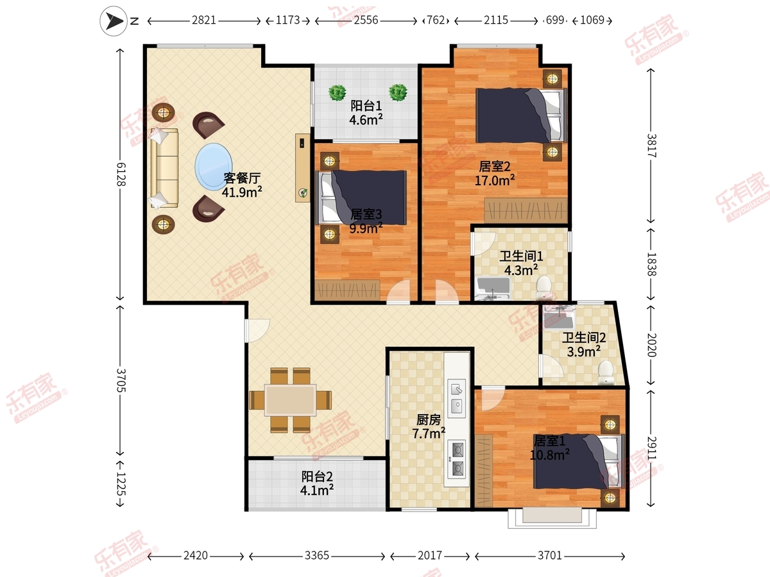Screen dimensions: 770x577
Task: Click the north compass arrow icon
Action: click(x=114, y=21)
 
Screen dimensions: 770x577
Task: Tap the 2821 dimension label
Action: click(x=204, y=21)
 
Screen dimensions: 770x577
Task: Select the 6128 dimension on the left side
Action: click(x=121, y=174)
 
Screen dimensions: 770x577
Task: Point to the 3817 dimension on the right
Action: click(x=651, y=146)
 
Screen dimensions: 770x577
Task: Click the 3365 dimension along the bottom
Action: click(x=317, y=555)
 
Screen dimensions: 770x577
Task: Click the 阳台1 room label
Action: click(x=366, y=106)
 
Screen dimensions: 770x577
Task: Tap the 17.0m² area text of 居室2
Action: click(x=495, y=180)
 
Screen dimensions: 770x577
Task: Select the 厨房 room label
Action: click(x=429, y=420)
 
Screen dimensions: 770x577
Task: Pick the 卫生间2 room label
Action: click(x=584, y=338)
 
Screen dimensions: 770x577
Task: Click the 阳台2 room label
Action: click(x=317, y=476)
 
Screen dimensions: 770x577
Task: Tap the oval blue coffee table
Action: click(x=213, y=167)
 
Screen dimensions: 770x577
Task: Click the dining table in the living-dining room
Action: click(x=290, y=400)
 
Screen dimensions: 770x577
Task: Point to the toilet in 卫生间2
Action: click(x=606, y=372)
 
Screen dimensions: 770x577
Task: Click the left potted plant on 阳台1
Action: click(x=337, y=93)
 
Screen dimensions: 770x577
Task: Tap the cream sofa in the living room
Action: click(x=164, y=168)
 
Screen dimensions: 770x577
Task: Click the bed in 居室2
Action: click(x=521, y=115)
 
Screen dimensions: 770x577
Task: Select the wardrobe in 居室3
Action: click(x=347, y=290)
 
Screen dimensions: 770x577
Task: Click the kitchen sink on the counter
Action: click(x=456, y=398)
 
